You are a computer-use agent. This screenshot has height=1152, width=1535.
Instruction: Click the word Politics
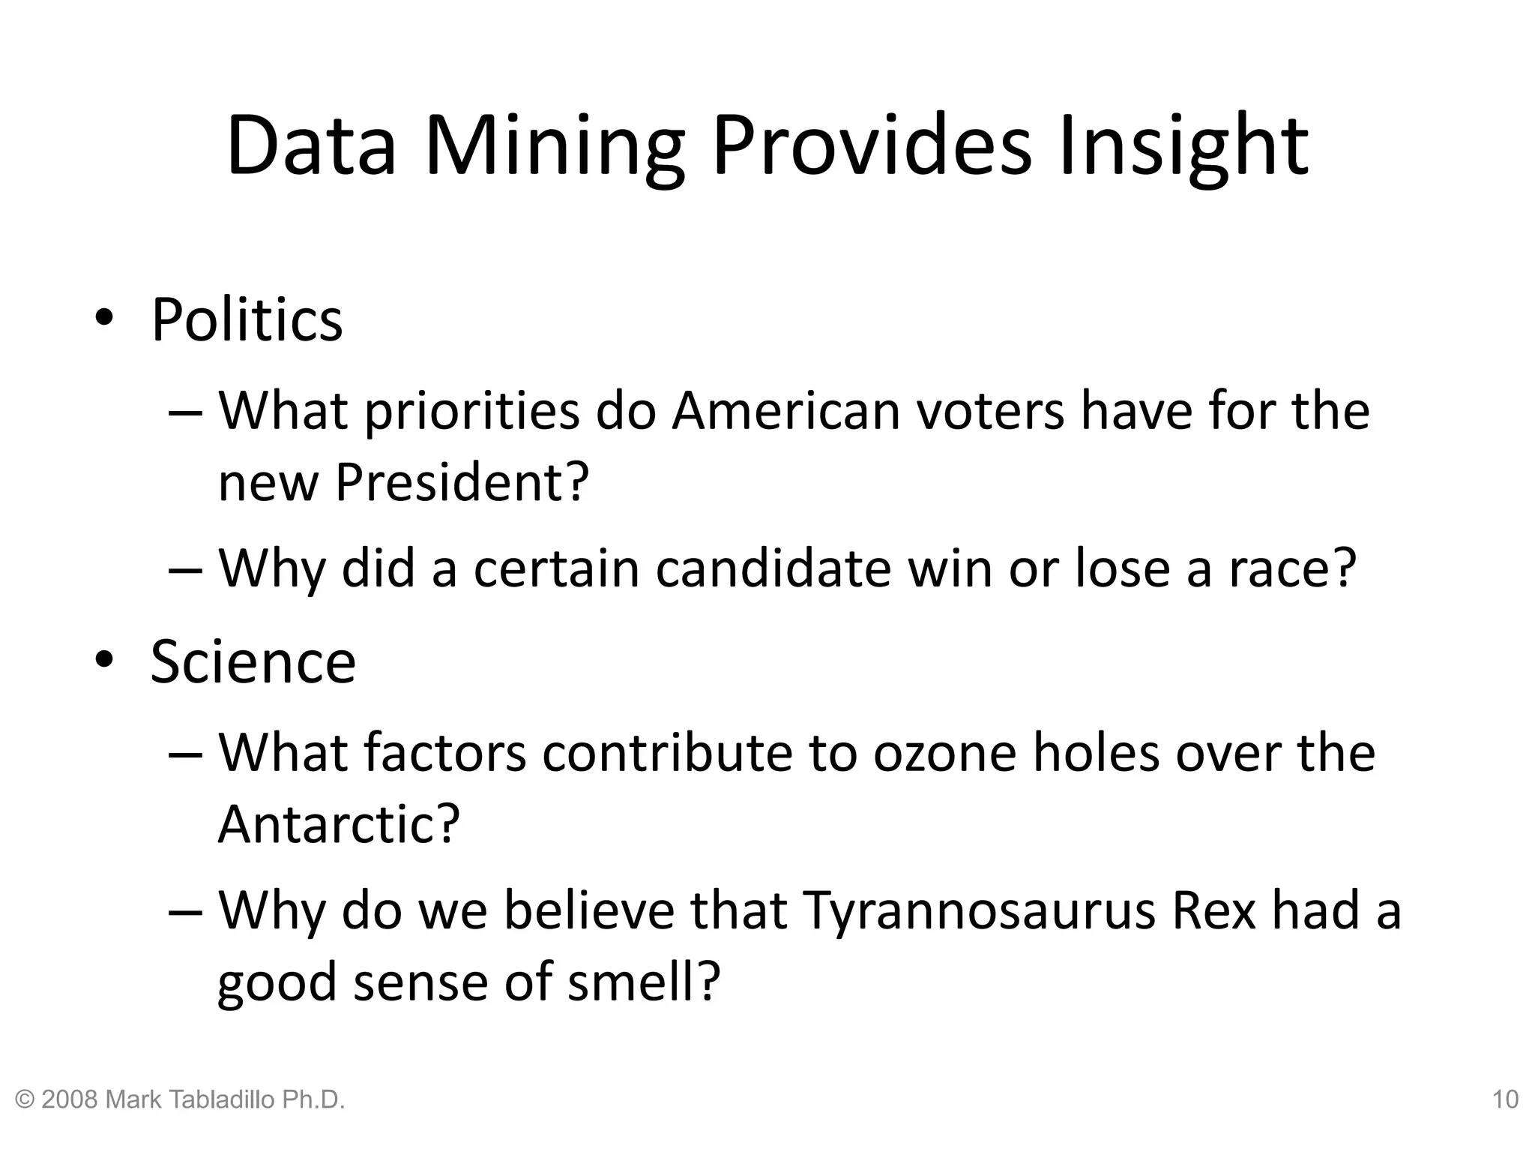tap(247, 320)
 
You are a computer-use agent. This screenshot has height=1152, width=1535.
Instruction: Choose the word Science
tap(253, 661)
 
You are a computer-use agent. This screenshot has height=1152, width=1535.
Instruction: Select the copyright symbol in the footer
tap(25, 1100)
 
